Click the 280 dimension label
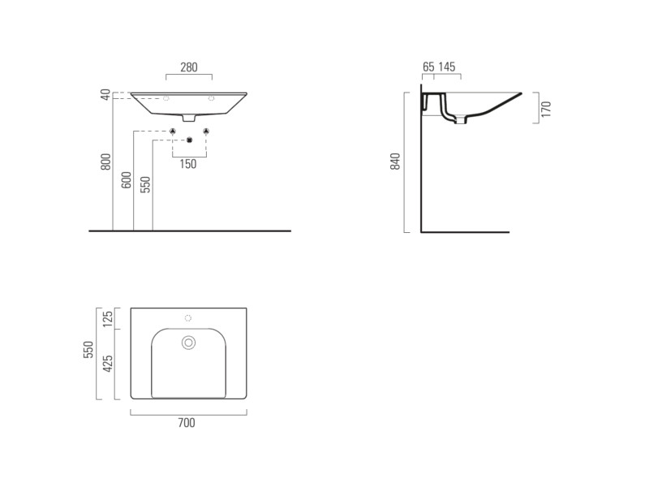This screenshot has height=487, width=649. click(x=189, y=67)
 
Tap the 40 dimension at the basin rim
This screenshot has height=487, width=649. click(x=106, y=95)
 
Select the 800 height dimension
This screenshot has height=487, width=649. click(x=106, y=162)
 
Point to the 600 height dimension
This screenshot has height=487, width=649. click(x=127, y=179)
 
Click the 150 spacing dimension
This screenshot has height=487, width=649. click(x=188, y=164)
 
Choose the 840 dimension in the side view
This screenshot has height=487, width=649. click(x=395, y=162)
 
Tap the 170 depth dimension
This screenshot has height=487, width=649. click(x=546, y=109)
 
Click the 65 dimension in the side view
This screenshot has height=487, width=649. click(x=429, y=67)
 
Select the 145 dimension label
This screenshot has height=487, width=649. click(x=447, y=67)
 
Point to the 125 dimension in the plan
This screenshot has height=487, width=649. click(x=108, y=319)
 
